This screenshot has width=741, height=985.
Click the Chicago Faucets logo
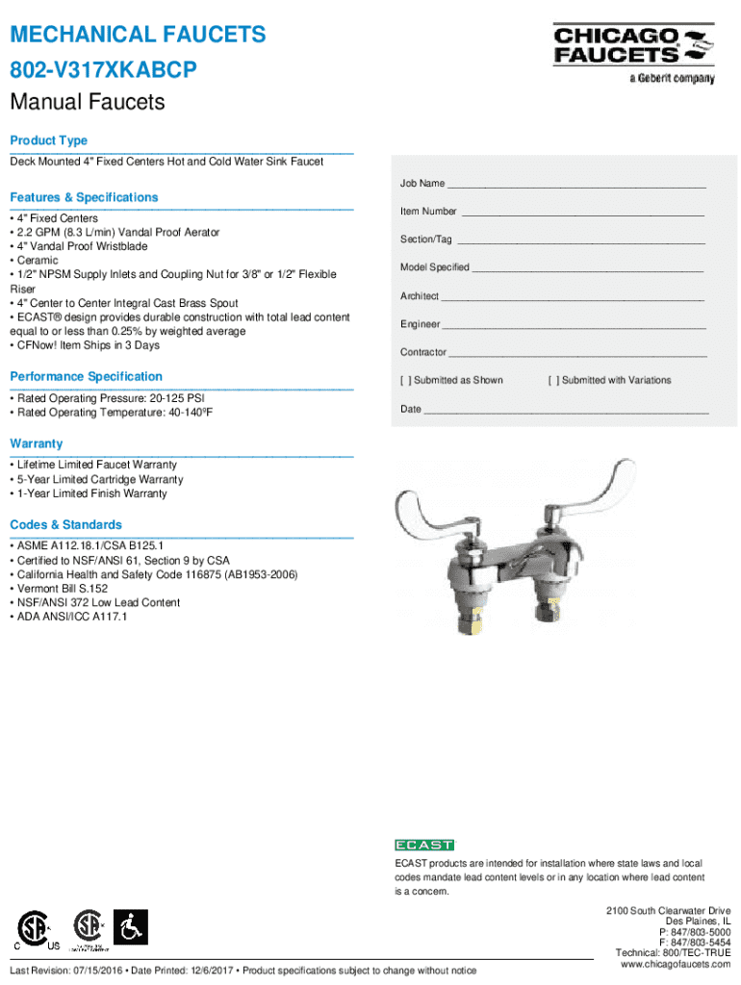[633, 51]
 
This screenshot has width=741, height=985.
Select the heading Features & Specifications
[84, 197]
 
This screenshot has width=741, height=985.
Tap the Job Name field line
[576, 184]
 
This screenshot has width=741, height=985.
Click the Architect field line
[573, 296]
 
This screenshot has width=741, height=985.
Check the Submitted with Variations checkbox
[553, 381]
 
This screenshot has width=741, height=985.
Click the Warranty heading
[37, 443]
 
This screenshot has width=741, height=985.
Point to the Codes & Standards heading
[65, 524]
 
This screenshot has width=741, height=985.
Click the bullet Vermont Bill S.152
[62, 589]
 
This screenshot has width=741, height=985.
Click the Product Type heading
[48, 140]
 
